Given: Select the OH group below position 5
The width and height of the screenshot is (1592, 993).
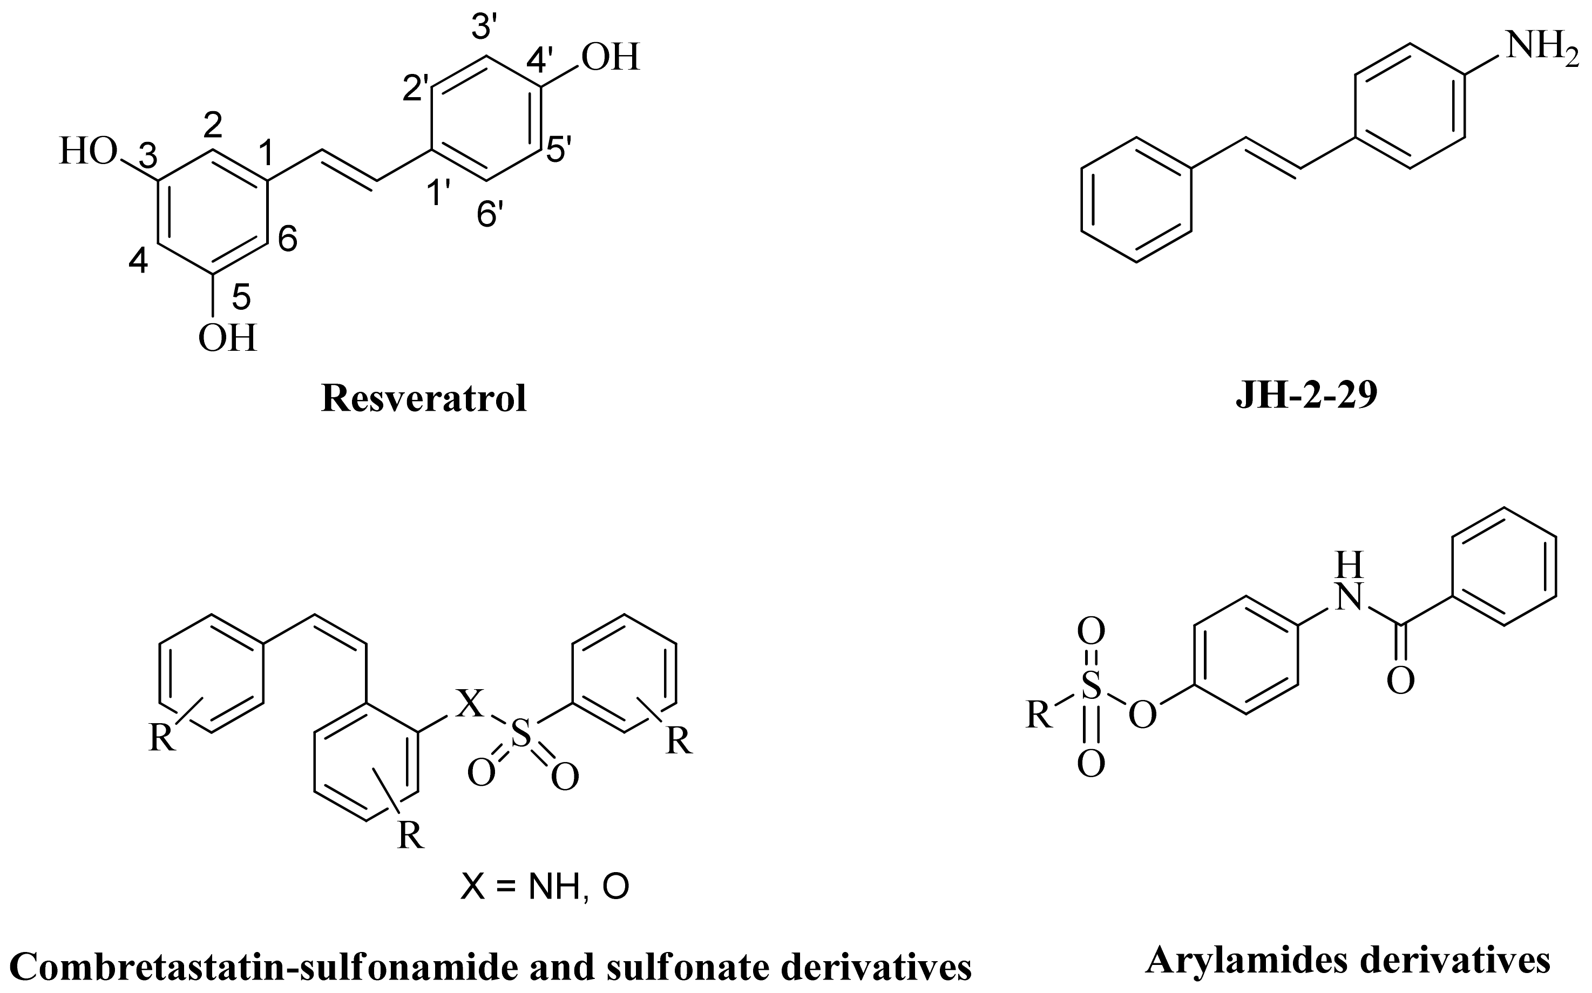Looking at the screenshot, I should [227, 339].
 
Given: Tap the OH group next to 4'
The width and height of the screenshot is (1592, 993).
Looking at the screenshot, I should [610, 58].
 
